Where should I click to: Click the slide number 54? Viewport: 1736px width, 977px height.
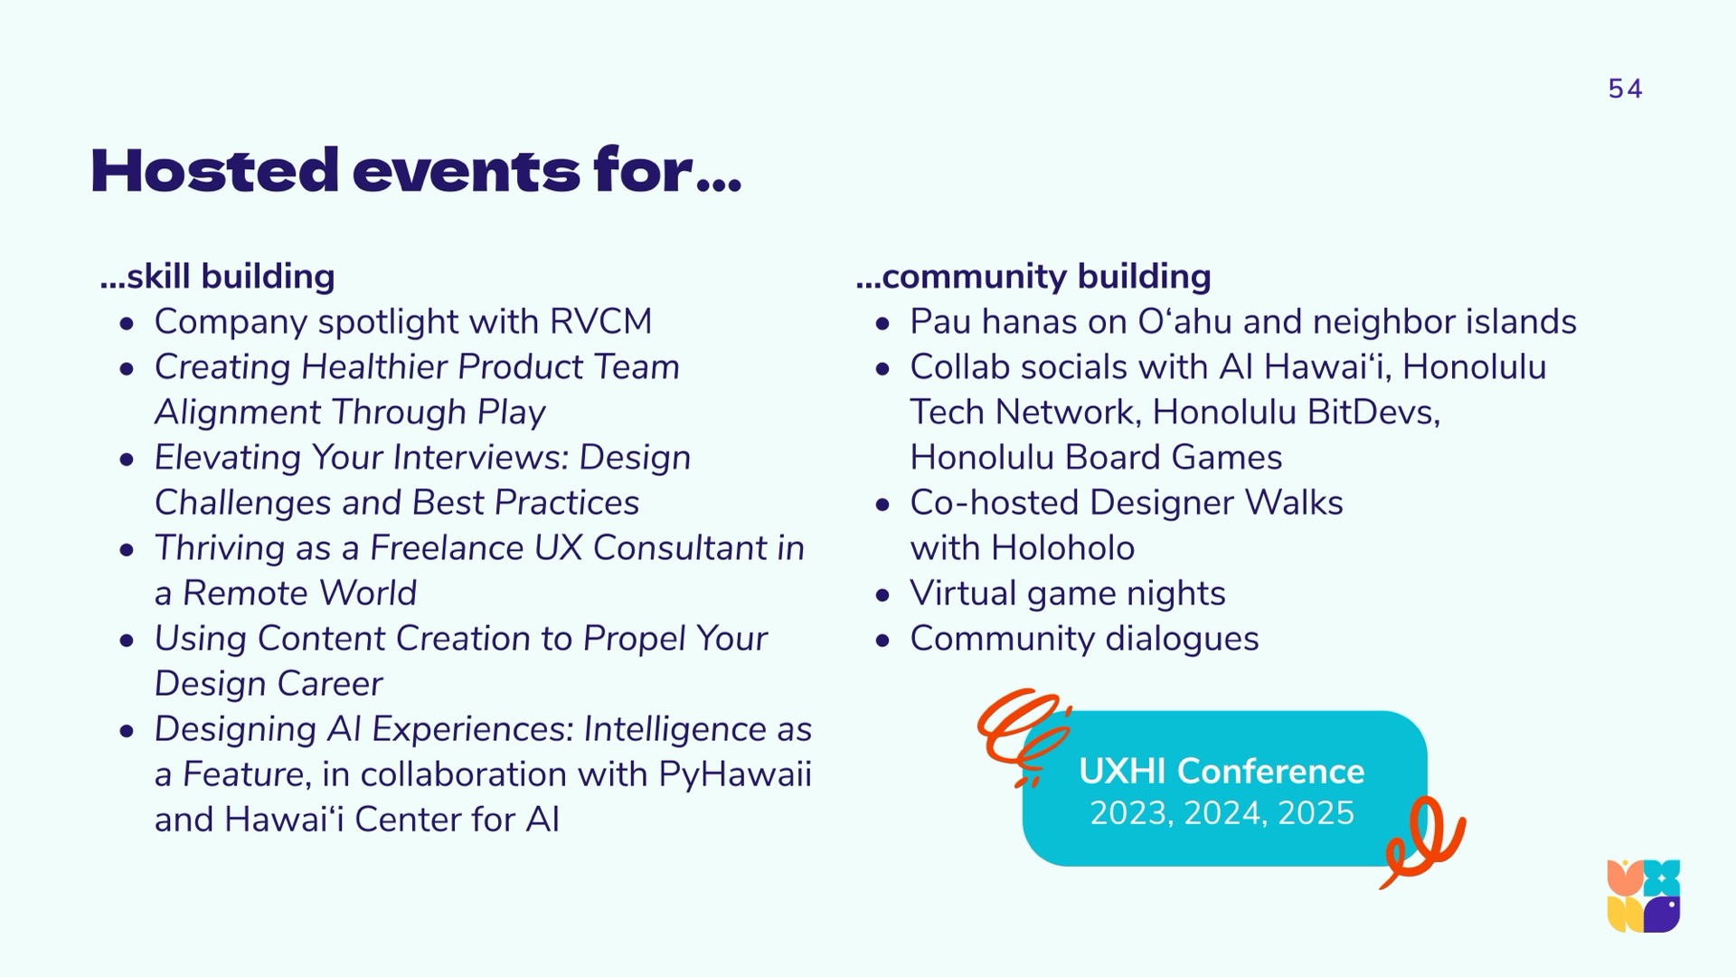pos(1625,89)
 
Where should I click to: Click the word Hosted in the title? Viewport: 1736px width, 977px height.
pos(214,170)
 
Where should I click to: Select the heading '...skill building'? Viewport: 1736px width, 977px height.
pos(218,276)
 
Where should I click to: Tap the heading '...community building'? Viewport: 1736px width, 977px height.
pos(1033,276)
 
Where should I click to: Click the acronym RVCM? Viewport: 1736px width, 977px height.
pos(600,321)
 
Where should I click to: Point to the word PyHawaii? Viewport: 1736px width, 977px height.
pos(735,774)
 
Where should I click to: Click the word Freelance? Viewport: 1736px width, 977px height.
pos(448,547)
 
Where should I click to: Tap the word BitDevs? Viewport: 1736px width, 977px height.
pos(1373,413)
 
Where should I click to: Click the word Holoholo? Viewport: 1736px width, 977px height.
pos(1062,547)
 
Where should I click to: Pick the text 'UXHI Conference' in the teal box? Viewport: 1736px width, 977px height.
pos(1222,771)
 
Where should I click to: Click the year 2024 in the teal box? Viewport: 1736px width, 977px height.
pos(1222,813)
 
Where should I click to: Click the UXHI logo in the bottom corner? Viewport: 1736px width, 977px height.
pos(1644,896)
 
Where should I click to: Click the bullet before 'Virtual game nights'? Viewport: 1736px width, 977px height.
pos(883,595)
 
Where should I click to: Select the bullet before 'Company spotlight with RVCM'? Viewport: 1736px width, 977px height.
pos(127,324)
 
